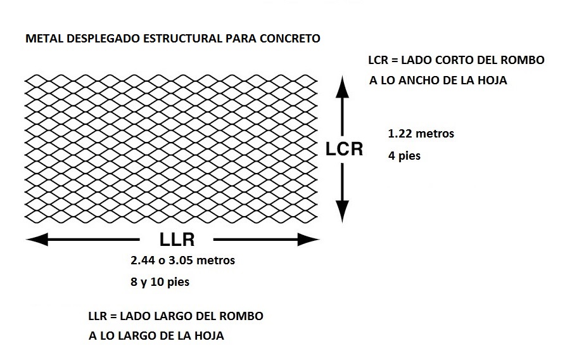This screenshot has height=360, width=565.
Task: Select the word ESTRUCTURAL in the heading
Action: pos(182,38)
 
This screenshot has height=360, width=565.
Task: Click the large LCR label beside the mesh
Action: pos(344,149)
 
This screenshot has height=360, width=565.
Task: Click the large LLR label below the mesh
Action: pos(177,239)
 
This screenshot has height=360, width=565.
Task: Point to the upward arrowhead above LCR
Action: pos(342,87)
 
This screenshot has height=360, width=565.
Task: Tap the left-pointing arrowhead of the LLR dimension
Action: pos(37,240)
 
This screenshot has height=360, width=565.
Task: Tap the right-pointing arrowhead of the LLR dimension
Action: pos(308,240)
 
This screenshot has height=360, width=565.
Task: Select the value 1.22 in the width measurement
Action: pos(400,134)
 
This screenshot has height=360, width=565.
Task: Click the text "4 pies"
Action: pos(404,156)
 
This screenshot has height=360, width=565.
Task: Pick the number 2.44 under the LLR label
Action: pos(143,260)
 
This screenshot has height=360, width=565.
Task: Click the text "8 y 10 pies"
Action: pos(160,281)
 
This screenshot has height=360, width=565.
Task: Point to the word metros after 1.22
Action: pos(435,134)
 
